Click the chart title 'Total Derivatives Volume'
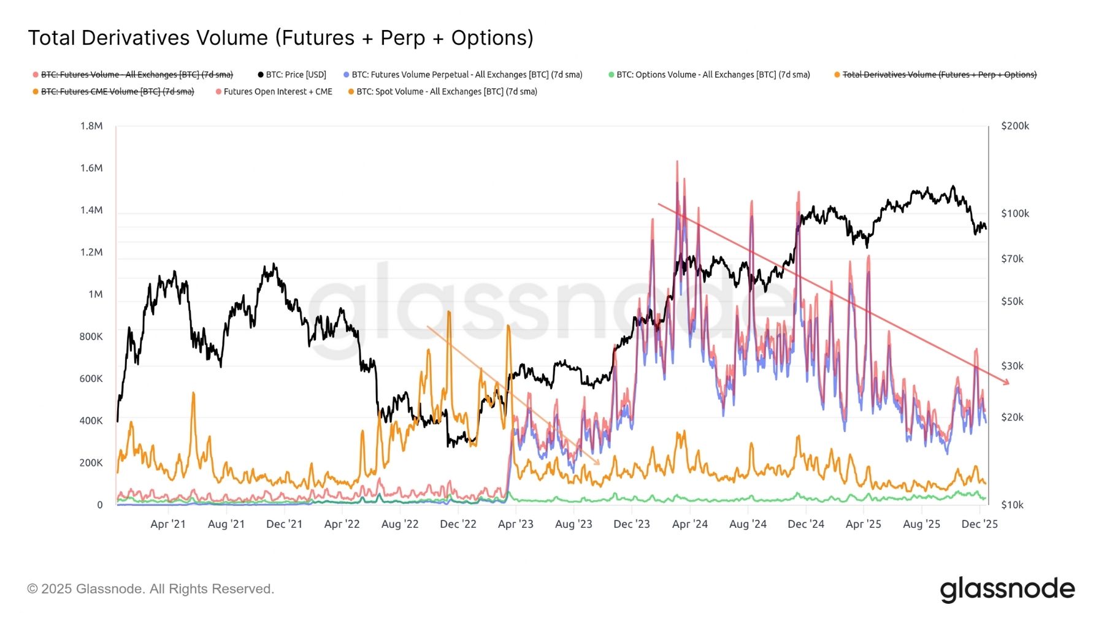click(280, 38)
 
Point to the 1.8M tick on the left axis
click(91, 126)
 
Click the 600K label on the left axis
click(91, 379)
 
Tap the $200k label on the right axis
click(1015, 126)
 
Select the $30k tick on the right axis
click(1012, 367)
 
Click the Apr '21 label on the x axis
click(168, 524)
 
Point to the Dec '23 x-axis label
click(632, 524)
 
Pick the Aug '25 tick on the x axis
click(921, 524)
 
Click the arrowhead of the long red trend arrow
click(1007, 383)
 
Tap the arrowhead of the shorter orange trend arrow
click(597, 463)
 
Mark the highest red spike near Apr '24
click(677, 162)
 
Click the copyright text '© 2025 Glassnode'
click(150, 589)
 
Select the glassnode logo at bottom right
click(1007, 589)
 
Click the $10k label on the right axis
click(1012, 505)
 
